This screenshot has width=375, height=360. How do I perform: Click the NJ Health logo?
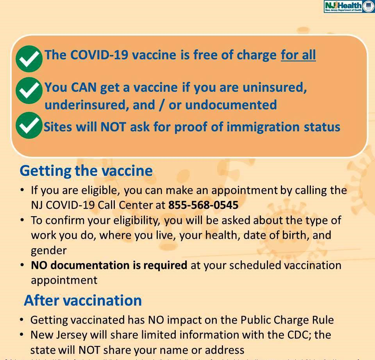(x=349, y=7)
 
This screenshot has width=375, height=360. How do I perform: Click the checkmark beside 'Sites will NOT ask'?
(x=29, y=125)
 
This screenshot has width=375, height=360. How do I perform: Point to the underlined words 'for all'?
(x=298, y=55)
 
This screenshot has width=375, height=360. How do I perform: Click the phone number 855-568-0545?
(x=203, y=205)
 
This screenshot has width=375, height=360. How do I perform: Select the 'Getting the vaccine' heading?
(x=86, y=171)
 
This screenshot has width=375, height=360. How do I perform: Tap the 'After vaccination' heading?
(x=83, y=300)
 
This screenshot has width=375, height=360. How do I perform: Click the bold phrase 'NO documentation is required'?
(x=109, y=265)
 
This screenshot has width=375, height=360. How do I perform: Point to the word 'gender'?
(x=49, y=250)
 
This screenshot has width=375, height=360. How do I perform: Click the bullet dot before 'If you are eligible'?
(x=23, y=191)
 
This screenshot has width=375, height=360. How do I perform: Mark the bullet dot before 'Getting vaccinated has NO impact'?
(x=23, y=320)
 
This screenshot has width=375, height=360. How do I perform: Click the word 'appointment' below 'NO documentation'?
(x=64, y=280)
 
